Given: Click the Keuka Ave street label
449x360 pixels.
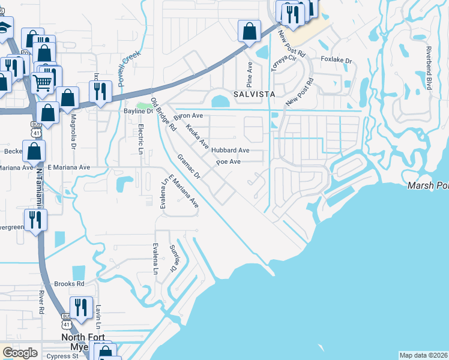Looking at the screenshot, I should click(x=197, y=137).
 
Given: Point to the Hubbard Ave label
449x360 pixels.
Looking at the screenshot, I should click(x=230, y=150).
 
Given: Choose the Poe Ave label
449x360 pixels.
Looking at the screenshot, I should click(x=228, y=161).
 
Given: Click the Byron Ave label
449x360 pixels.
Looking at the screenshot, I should click(x=188, y=115).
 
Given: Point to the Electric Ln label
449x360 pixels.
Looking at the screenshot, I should click(x=140, y=137).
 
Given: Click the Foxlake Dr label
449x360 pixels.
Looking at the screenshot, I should click(x=336, y=60).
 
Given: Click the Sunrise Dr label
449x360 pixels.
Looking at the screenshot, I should click(x=173, y=259).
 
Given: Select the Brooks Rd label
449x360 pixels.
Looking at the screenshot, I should click(x=68, y=284).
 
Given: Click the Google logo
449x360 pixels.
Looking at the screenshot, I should click(x=20, y=353).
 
